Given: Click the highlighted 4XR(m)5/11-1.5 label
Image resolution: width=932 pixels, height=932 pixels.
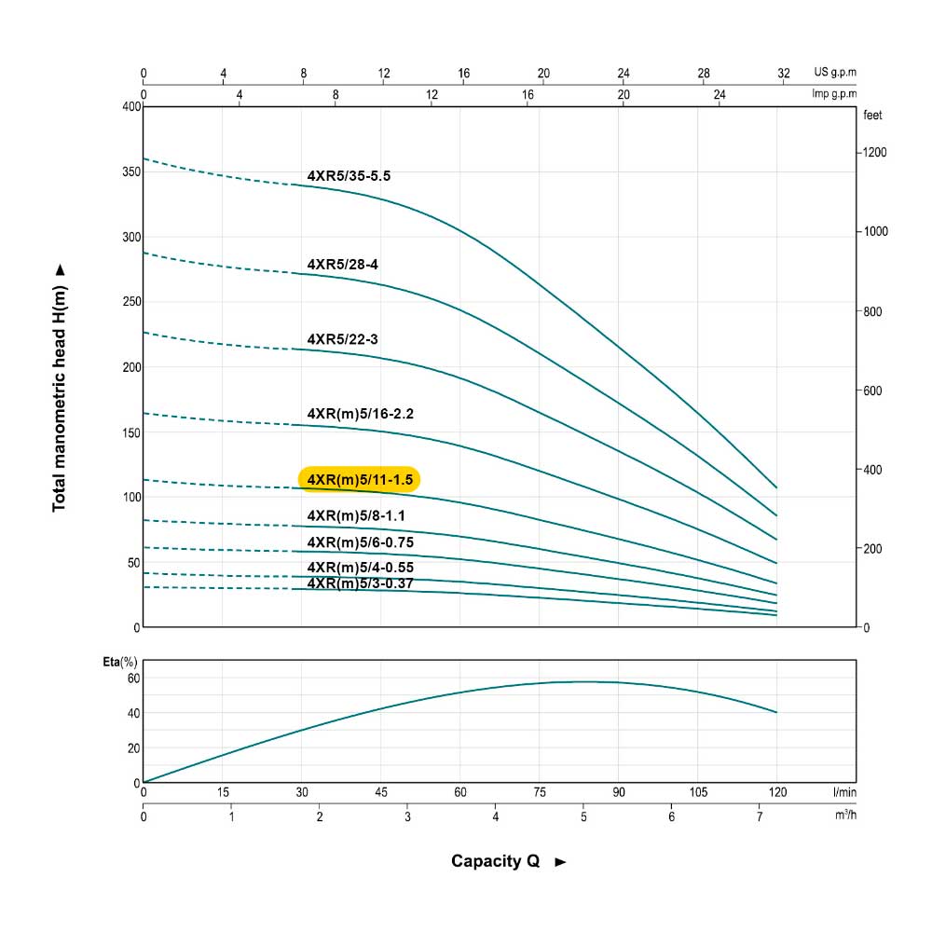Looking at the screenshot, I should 359,479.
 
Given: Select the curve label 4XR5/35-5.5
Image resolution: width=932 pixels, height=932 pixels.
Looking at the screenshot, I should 355,176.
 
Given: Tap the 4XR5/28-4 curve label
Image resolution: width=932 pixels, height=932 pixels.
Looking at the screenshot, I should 342,265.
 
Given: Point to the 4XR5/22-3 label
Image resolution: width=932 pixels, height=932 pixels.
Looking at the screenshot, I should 342,339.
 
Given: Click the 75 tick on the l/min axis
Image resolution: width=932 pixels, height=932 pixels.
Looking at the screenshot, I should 540,792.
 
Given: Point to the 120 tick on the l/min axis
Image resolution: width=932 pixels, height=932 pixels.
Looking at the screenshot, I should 777,792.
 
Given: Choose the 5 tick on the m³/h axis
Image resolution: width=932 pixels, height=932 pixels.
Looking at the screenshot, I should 583,816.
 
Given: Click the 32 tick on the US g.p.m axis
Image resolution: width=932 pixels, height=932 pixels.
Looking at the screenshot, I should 784,73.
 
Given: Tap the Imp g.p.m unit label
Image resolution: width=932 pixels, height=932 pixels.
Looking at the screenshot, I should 835,93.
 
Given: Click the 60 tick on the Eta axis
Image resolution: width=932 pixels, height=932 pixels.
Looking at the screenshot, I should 133,678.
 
